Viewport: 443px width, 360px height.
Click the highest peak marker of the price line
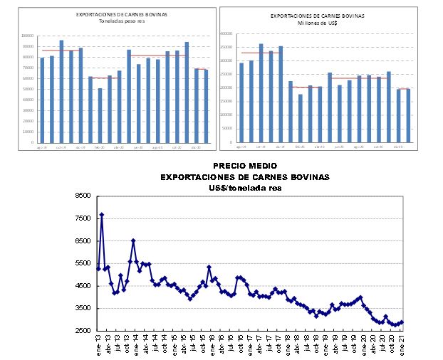coord(102,214)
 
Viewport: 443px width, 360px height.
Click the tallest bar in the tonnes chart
coord(61,91)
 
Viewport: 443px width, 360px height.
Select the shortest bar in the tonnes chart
coord(100,115)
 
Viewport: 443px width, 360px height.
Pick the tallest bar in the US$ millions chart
coord(261,93)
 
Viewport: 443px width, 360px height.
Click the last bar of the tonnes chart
coord(206,105)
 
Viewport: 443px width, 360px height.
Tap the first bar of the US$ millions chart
coord(241,102)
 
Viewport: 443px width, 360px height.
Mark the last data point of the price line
coord(402,322)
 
